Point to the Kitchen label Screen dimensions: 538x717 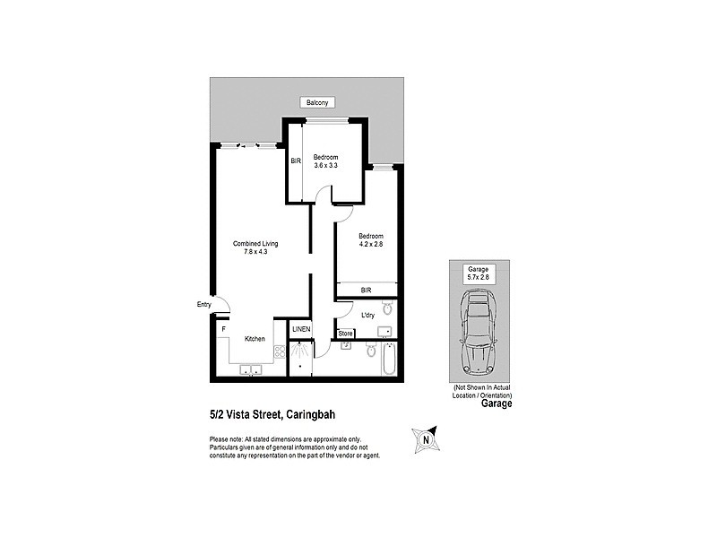(x=255, y=338)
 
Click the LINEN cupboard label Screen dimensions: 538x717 (x=301, y=330)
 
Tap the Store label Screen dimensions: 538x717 (x=346, y=334)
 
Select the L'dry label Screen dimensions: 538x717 (x=367, y=316)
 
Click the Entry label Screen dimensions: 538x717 (x=204, y=305)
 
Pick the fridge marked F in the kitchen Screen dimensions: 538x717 (x=223, y=329)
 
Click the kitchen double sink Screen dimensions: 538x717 (x=250, y=370)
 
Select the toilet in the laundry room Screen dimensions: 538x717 (x=386, y=309)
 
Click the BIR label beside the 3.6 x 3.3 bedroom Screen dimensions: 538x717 (x=296, y=161)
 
